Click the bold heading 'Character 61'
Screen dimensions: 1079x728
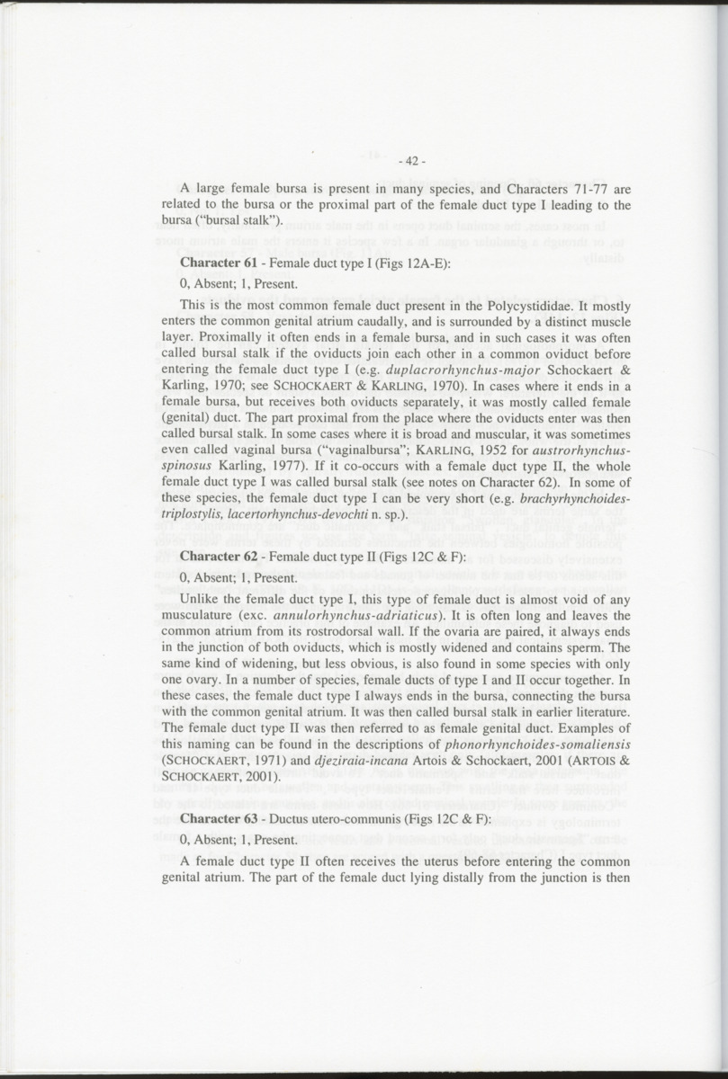216,263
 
